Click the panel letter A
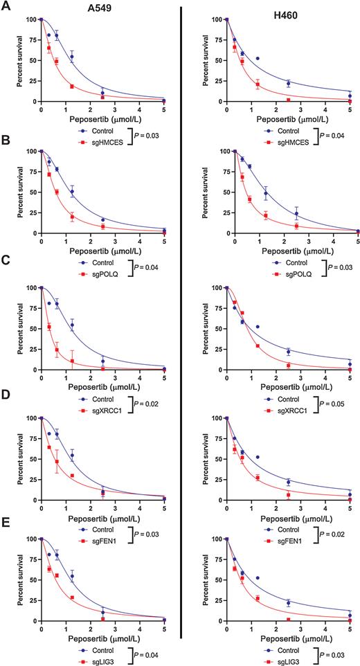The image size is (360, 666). (x=5, y=6)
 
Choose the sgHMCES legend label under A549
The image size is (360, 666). (x=115, y=136)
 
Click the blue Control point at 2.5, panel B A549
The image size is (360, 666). (x=102, y=220)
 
